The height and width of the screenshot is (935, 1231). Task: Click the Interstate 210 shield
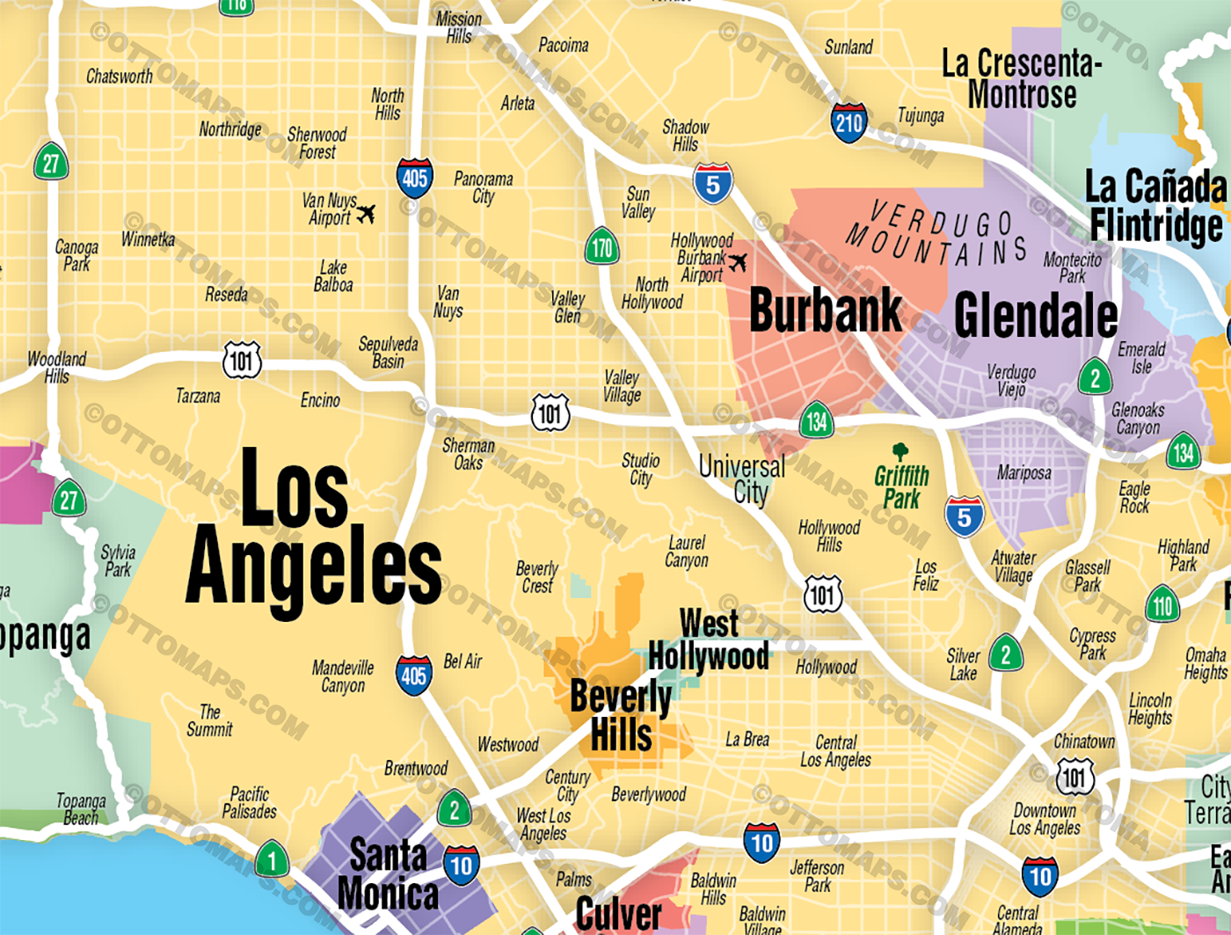[x=849, y=122]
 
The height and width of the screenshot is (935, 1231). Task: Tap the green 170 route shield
[x=601, y=248]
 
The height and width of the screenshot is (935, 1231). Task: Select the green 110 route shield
[x=1162, y=605]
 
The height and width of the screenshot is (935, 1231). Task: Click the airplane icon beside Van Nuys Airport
[x=366, y=214]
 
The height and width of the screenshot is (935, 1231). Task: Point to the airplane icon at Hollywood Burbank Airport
[x=737, y=261]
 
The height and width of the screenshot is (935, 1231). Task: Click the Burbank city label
[x=825, y=310]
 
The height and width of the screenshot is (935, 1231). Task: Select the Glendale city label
[x=1035, y=315]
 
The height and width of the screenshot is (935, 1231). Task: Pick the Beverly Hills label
[x=621, y=715]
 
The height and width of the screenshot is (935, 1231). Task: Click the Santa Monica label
[x=388, y=874]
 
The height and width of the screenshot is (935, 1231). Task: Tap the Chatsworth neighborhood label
[x=120, y=77]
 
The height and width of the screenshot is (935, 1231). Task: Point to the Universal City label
[x=742, y=478]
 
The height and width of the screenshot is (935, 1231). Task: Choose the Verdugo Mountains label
[x=936, y=234]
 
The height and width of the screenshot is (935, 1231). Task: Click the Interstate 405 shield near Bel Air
[x=414, y=675]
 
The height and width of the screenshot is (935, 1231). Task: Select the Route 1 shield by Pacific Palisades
[x=272, y=859]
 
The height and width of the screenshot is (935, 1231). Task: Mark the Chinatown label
[x=1084, y=741]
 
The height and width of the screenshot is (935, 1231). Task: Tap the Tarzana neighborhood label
[x=198, y=396]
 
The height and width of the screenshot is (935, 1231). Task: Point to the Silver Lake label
[x=963, y=664]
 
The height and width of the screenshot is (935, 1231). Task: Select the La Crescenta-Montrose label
[x=1021, y=78]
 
